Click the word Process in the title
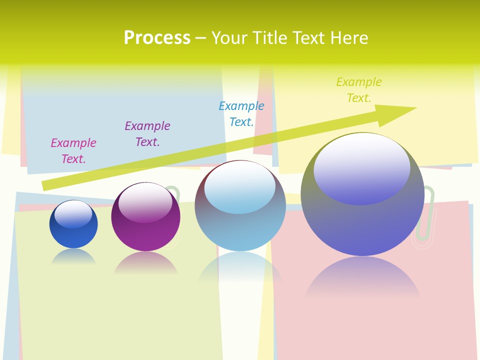157,38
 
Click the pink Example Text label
73,151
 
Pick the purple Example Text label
147,134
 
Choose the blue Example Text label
241,114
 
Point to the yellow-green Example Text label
359,90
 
